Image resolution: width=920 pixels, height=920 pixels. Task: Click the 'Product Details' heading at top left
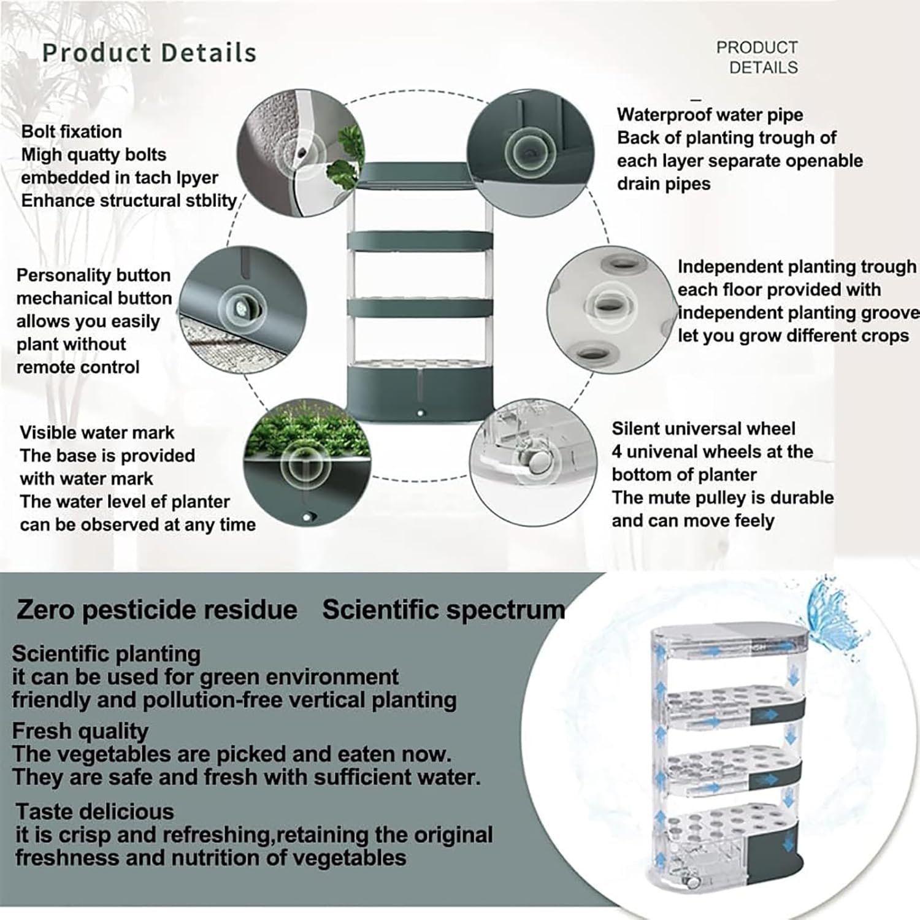coord(149,53)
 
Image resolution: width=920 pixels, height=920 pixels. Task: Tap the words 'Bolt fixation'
coord(71,131)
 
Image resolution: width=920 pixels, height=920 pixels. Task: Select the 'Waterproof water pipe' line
coord(710,115)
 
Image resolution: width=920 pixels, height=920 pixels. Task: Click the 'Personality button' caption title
coord(93,275)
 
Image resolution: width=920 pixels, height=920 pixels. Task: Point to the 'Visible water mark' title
coord(97,432)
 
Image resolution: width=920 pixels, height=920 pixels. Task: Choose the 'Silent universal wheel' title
coord(703,428)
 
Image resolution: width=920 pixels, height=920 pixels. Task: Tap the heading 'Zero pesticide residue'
coord(156,609)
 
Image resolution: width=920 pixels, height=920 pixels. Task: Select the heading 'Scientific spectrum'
coord(443,609)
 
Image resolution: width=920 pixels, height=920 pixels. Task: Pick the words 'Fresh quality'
coord(80,730)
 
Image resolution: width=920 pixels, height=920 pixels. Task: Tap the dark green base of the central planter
coord(420,393)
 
